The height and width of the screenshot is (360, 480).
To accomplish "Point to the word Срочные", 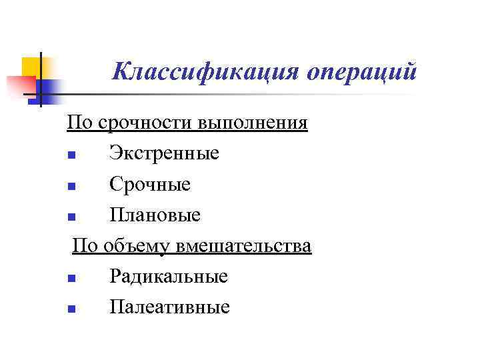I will click(150, 185).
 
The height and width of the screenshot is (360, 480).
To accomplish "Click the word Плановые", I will click(155, 215).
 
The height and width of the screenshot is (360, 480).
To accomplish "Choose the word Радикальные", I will click(169, 276).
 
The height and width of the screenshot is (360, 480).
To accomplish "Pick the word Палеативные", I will click(169, 307).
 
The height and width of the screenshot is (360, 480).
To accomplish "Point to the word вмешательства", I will click(243, 246).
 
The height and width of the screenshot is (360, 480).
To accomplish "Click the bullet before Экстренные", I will click(71, 156).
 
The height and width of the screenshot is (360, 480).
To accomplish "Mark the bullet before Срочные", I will click(71, 187).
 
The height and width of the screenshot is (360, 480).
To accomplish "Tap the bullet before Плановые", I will click(71, 217).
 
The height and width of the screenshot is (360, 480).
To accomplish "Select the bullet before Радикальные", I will click(71, 278).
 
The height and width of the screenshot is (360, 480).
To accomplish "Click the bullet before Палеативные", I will click(71, 309).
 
